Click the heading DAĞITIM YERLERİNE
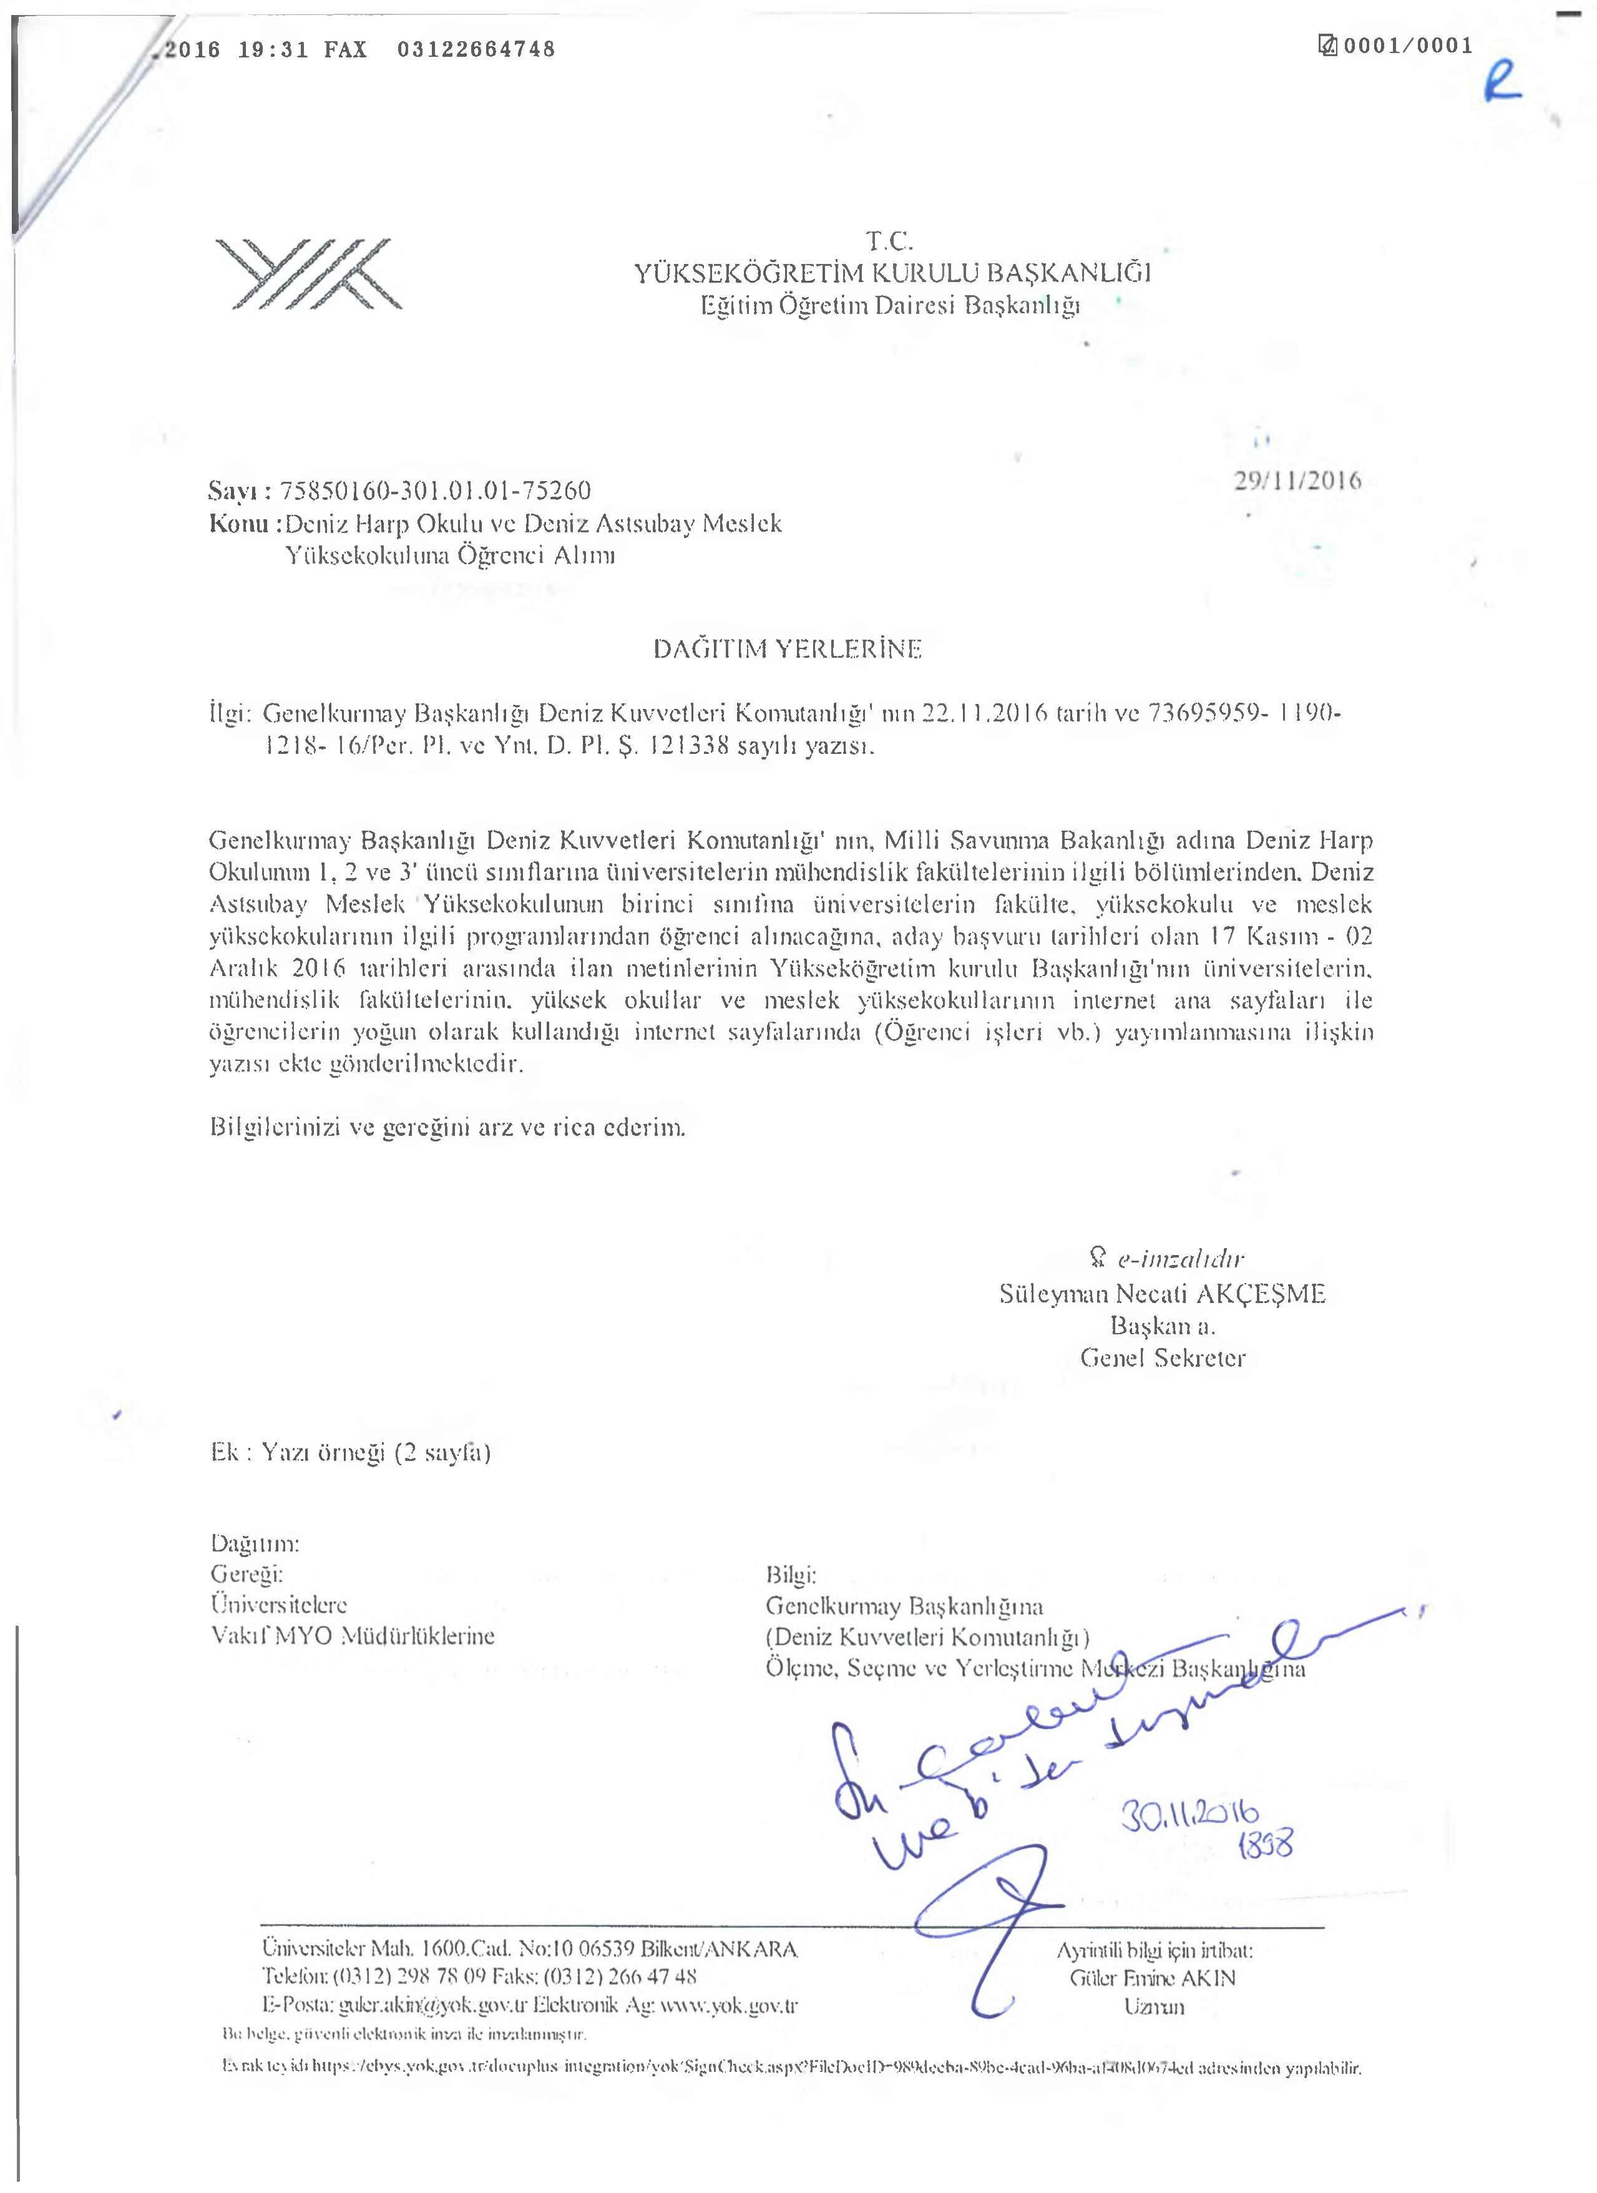[788, 649]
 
